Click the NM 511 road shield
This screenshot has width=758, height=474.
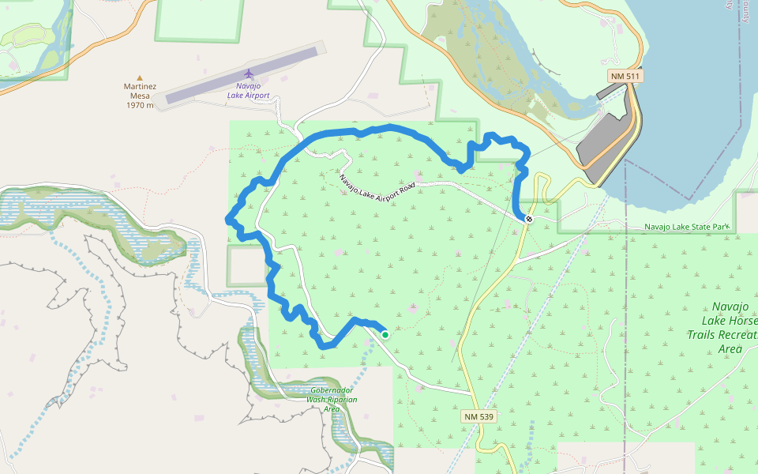tap(625, 76)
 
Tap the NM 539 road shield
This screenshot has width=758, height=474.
tap(478, 416)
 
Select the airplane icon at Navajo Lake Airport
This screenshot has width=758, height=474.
tap(249, 73)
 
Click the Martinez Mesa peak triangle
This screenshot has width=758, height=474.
tap(140, 78)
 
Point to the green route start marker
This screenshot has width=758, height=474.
tap(385, 335)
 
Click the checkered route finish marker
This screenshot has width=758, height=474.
tap(528, 219)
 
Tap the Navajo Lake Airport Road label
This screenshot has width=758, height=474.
tap(377, 186)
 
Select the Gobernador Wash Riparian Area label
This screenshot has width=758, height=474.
tap(332, 399)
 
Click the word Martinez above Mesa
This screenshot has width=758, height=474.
tap(140, 87)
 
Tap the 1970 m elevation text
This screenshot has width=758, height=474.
tap(139, 105)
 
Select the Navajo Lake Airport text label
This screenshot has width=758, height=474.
tap(248, 91)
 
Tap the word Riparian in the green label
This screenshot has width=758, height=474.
tap(340, 400)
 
